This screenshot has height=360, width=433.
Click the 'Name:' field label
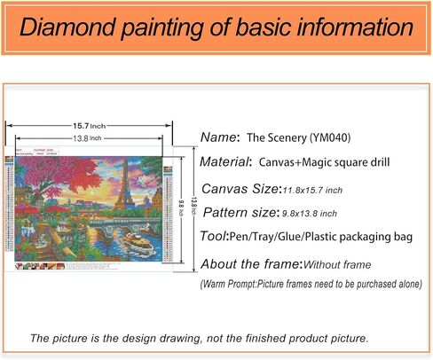(x=220, y=137)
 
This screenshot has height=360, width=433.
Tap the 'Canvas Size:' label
(x=240, y=188)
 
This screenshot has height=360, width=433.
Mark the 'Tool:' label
(x=215, y=238)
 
